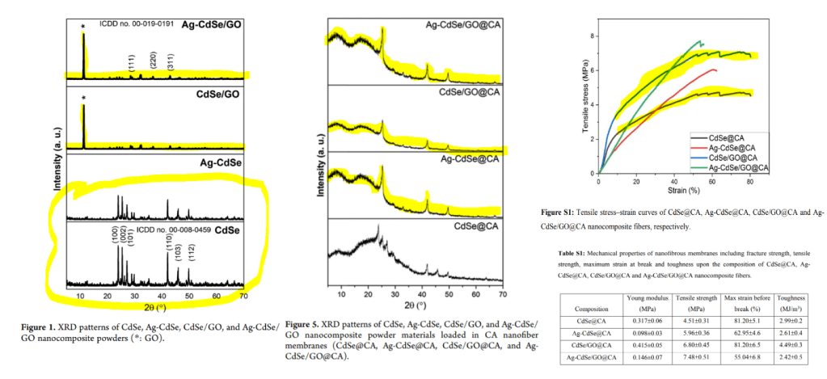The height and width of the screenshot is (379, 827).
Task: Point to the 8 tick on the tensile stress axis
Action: click(593, 36)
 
